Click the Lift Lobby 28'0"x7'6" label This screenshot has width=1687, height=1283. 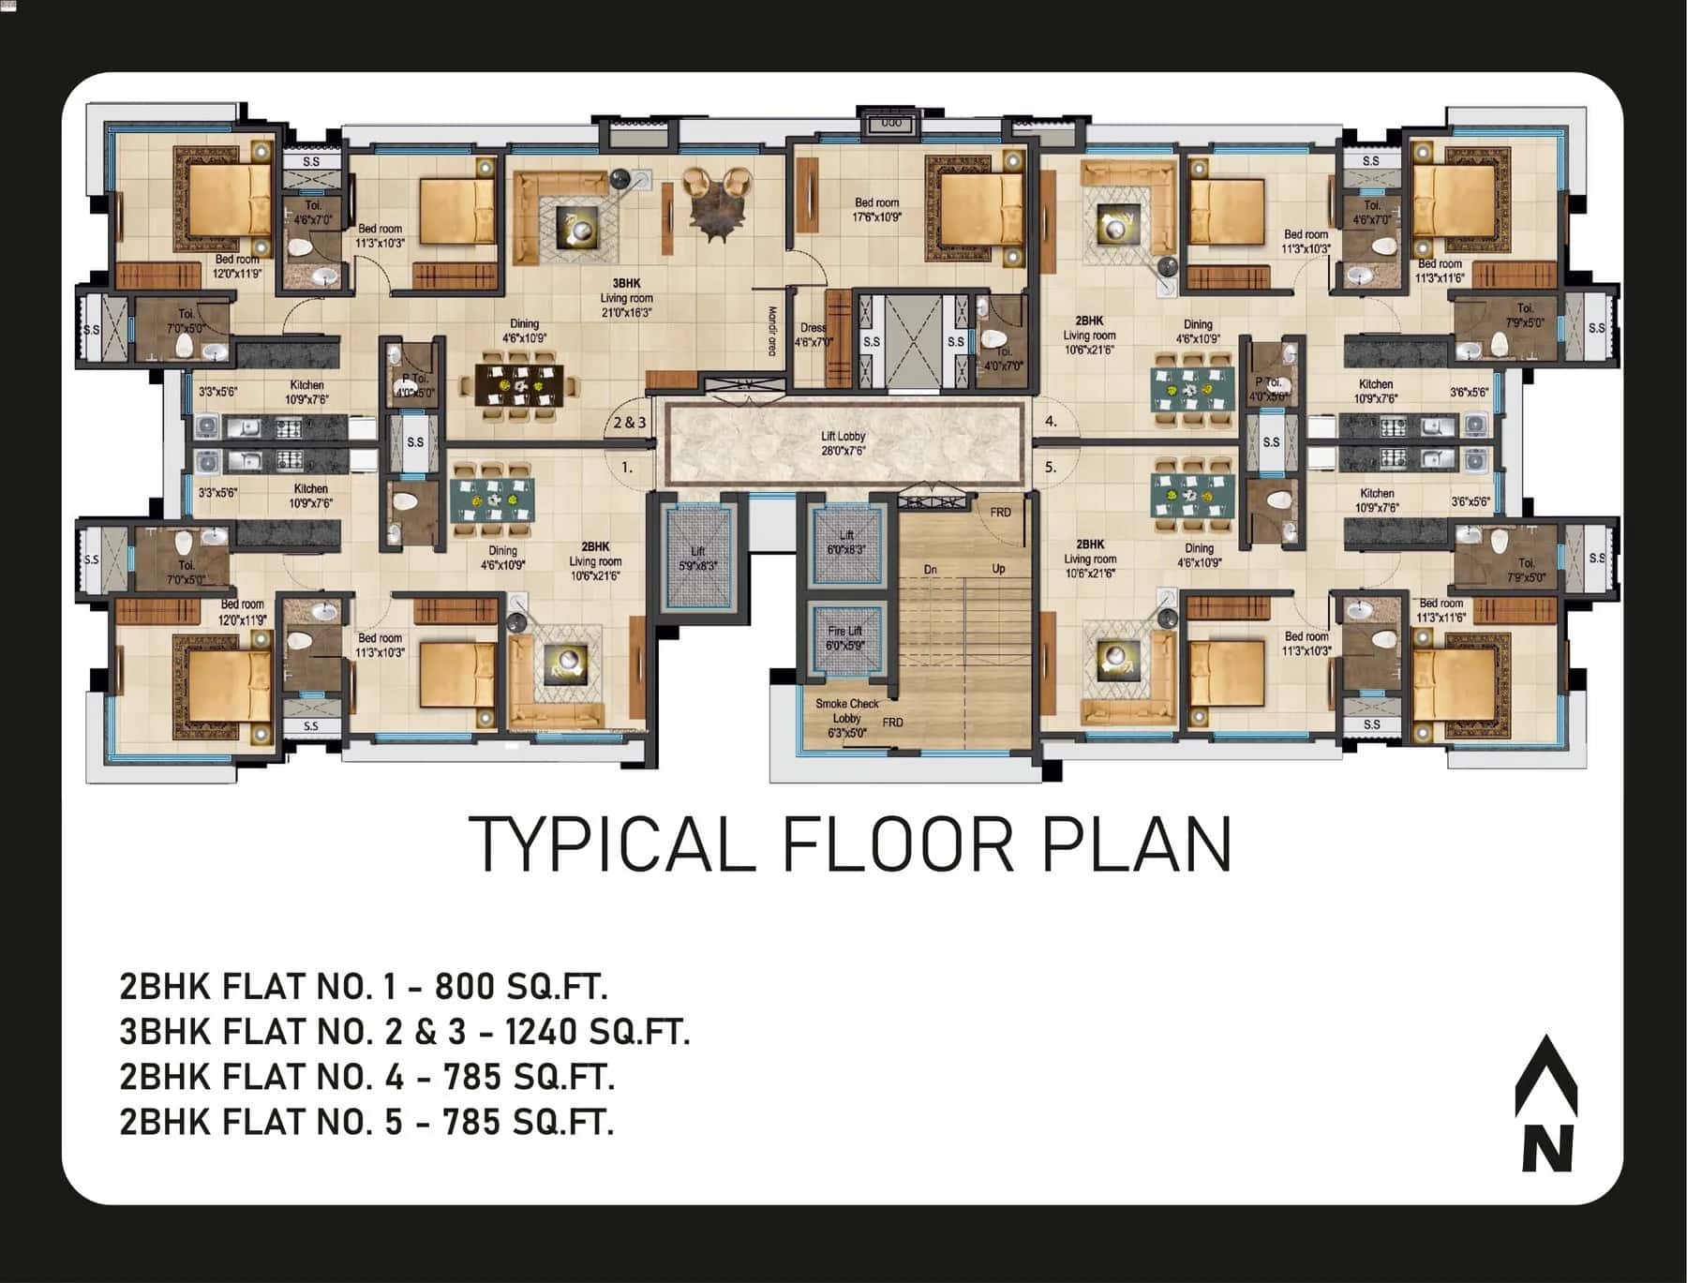[x=843, y=443]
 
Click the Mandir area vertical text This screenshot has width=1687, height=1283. [x=772, y=331]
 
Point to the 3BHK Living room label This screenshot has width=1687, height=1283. [x=626, y=298]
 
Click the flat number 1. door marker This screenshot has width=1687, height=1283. [x=627, y=466]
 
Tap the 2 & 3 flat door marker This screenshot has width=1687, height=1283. [x=630, y=423]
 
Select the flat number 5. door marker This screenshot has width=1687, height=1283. [x=1051, y=466]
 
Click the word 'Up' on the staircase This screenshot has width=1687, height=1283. [x=998, y=569]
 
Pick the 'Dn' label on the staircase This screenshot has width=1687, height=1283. [x=930, y=570]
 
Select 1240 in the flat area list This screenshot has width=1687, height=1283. [x=537, y=1031]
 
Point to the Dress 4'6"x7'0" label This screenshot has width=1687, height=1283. [x=813, y=335]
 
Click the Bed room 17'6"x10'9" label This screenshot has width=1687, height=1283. [x=876, y=209]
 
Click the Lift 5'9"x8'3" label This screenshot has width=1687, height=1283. [x=697, y=559]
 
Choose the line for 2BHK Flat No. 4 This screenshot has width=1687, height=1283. [x=366, y=1076]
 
